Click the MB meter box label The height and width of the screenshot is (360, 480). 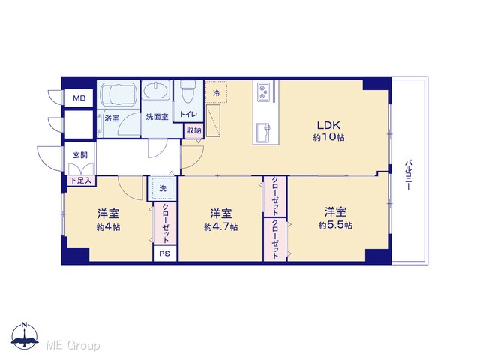pyautogui.click(x=79, y=98)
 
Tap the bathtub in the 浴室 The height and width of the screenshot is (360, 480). pyautogui.click(x=118, y=94)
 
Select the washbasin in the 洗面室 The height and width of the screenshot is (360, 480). pyautogui.click(x=157, y=90)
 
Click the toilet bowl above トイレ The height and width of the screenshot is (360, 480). pyautogui.click(x=187, y=91)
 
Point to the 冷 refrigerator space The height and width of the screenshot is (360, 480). pyautogui.click(x=216, y=92)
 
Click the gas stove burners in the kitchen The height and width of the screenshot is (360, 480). pyautogui.click(x=263, y=92)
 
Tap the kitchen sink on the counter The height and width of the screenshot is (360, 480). pyautogui.click(x=263, y=132)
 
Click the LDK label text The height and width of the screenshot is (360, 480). pyautogui.click(x=328, y=125)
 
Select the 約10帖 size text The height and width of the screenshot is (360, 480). pyautogui.click(x=328, y=137)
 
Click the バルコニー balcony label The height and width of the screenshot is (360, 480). pyautogui.click(x=408, y=175)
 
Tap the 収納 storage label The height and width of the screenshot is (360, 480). pyautogui.click(x=193, y=130)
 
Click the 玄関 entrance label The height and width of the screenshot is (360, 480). pyautogui.click(x=80, y=155)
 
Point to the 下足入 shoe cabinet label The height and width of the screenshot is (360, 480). pyautogui.click(x=81, y=181)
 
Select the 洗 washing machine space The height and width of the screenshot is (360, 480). pyautogui.click(x=163, y=188)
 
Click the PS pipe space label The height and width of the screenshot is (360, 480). pyautogui.click(x=164, y=253)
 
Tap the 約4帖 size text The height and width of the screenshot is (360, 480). pyautogui.click(x=108, y=227)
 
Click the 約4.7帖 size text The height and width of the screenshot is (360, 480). pyautogui.click(x=220, y=227)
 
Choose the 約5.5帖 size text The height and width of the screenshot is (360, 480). pyautogui.click(x=335, y=226)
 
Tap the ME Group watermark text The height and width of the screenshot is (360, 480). pyautogui.click(x=73, y=345)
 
